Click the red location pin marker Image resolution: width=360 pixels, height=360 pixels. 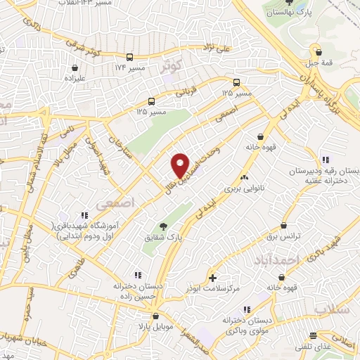point(181,165)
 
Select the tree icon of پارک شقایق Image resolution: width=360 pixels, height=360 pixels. point(163,226)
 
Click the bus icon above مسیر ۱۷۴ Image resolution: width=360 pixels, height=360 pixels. point(129,57)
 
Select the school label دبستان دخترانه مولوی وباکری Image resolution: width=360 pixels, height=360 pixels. point(247,324)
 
